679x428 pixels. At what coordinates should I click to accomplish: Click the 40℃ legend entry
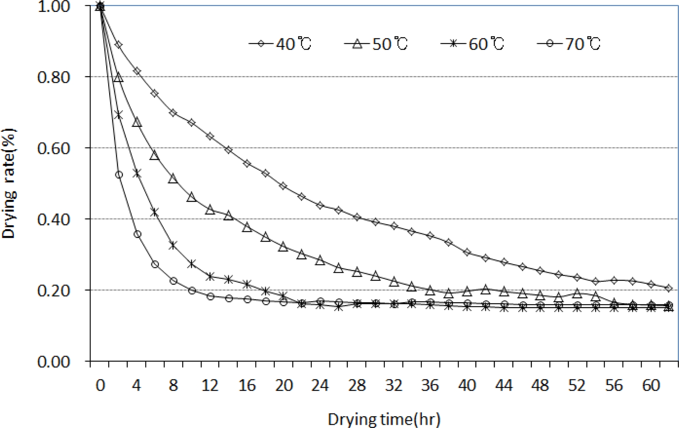tap(280, 44)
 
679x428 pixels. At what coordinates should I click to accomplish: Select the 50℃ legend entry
tap(376, 44)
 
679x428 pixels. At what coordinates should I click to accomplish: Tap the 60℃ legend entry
tap(473, 44)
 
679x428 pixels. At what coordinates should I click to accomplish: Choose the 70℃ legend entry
tap(569, 44)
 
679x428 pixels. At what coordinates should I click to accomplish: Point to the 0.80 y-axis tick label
tap(54, 77)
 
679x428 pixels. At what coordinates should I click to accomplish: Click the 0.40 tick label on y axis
tap(54, 219)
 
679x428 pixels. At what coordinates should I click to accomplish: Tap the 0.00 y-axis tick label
tap(54, 362)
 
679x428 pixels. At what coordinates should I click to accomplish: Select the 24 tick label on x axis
tap(320, 385)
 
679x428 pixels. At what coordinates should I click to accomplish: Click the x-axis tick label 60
tap(651, 385)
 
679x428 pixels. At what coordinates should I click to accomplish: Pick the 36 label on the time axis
tap(430, 385)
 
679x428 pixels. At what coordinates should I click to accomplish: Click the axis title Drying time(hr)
tap(384, 419)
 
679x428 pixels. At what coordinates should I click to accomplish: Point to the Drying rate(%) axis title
tap(9, 183)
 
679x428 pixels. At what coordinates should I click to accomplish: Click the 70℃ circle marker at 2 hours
tap(119, 174)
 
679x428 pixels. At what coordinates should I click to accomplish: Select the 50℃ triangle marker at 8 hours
tap(173, 179)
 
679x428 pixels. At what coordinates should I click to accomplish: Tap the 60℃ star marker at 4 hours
tap(137, 174)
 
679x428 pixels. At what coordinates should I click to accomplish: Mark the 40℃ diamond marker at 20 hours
tap(283, 186)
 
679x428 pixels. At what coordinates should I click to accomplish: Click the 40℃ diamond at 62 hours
tap(669, 288)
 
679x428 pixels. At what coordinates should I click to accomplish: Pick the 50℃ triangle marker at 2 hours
tap(119, 77)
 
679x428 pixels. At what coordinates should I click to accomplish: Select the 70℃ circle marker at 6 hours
tap(155, 264)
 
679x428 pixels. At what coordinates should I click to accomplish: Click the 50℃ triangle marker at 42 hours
tap(485, 289)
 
